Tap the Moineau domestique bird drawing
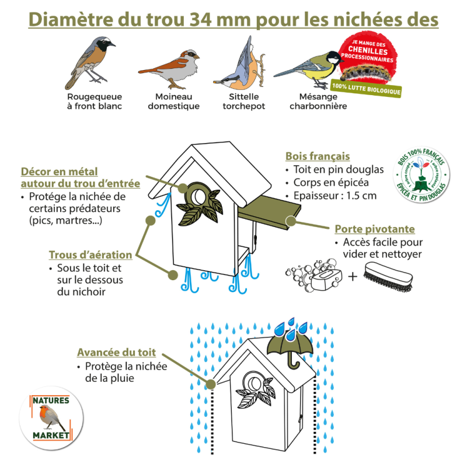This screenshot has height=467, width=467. [172, 62]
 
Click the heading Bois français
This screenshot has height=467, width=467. [318, 156]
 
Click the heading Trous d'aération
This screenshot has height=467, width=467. [90, 255]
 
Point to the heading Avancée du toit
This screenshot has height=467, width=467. [116, 353]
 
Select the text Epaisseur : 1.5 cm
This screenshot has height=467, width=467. [336, 195]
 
